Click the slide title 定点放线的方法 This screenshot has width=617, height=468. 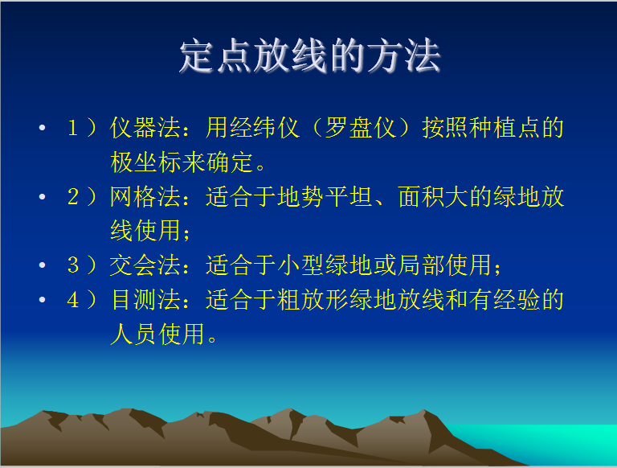tap(309, 56)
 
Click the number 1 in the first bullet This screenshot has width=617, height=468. tap(73, 128)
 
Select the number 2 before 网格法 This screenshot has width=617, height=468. tap(73, 196)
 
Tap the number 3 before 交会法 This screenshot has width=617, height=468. tap(73, 265)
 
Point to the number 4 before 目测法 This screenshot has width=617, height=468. tap(73, 299)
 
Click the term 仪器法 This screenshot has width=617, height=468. tap(145, 128)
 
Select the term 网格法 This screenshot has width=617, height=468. tap(145, 196)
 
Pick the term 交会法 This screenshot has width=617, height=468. tap(145, 265)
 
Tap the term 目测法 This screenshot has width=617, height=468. tap(145, 299)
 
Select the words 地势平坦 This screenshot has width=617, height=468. tap(325, 196)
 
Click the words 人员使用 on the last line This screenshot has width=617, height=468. tap(157, 334)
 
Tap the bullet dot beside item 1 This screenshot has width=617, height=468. tap(42, 128)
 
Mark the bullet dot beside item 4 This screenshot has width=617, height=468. tap(42, 299)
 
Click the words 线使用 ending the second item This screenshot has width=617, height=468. tap(145, 231)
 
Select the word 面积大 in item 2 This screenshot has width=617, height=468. tap(433, 196)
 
